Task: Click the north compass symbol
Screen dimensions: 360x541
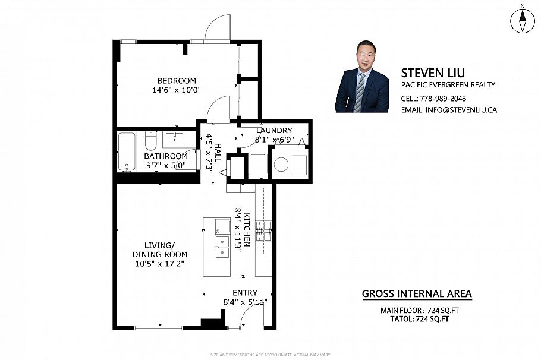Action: tap(522, 21)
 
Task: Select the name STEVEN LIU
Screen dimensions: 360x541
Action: tap(432, 72)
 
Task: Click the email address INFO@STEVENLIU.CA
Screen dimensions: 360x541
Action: tap(458, 110)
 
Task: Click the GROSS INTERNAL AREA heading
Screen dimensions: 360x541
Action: tap(417, 293)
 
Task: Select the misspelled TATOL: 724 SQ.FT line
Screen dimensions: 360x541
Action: tap(415, 319)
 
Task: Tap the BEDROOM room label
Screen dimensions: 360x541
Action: tap(176, 81)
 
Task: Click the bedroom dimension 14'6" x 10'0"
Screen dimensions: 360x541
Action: tap(176, 90)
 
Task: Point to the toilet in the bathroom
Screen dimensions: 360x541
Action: tap(150, 141)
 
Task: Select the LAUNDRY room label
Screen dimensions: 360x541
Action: tap(273, 131)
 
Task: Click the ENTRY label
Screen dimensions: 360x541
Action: tap(244, 292)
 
